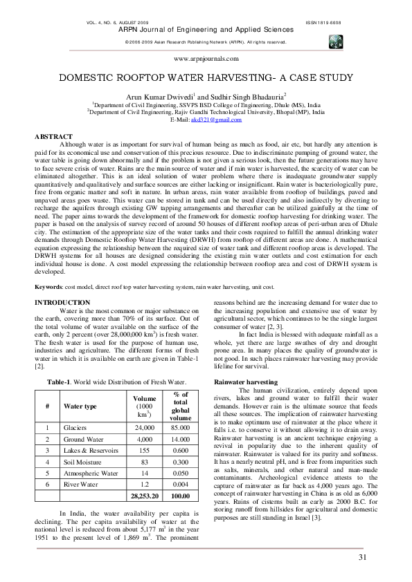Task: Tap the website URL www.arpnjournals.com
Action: coord(206,60)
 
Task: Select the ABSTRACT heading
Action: coord(54,136)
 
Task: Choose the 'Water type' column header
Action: coord(80,406)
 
